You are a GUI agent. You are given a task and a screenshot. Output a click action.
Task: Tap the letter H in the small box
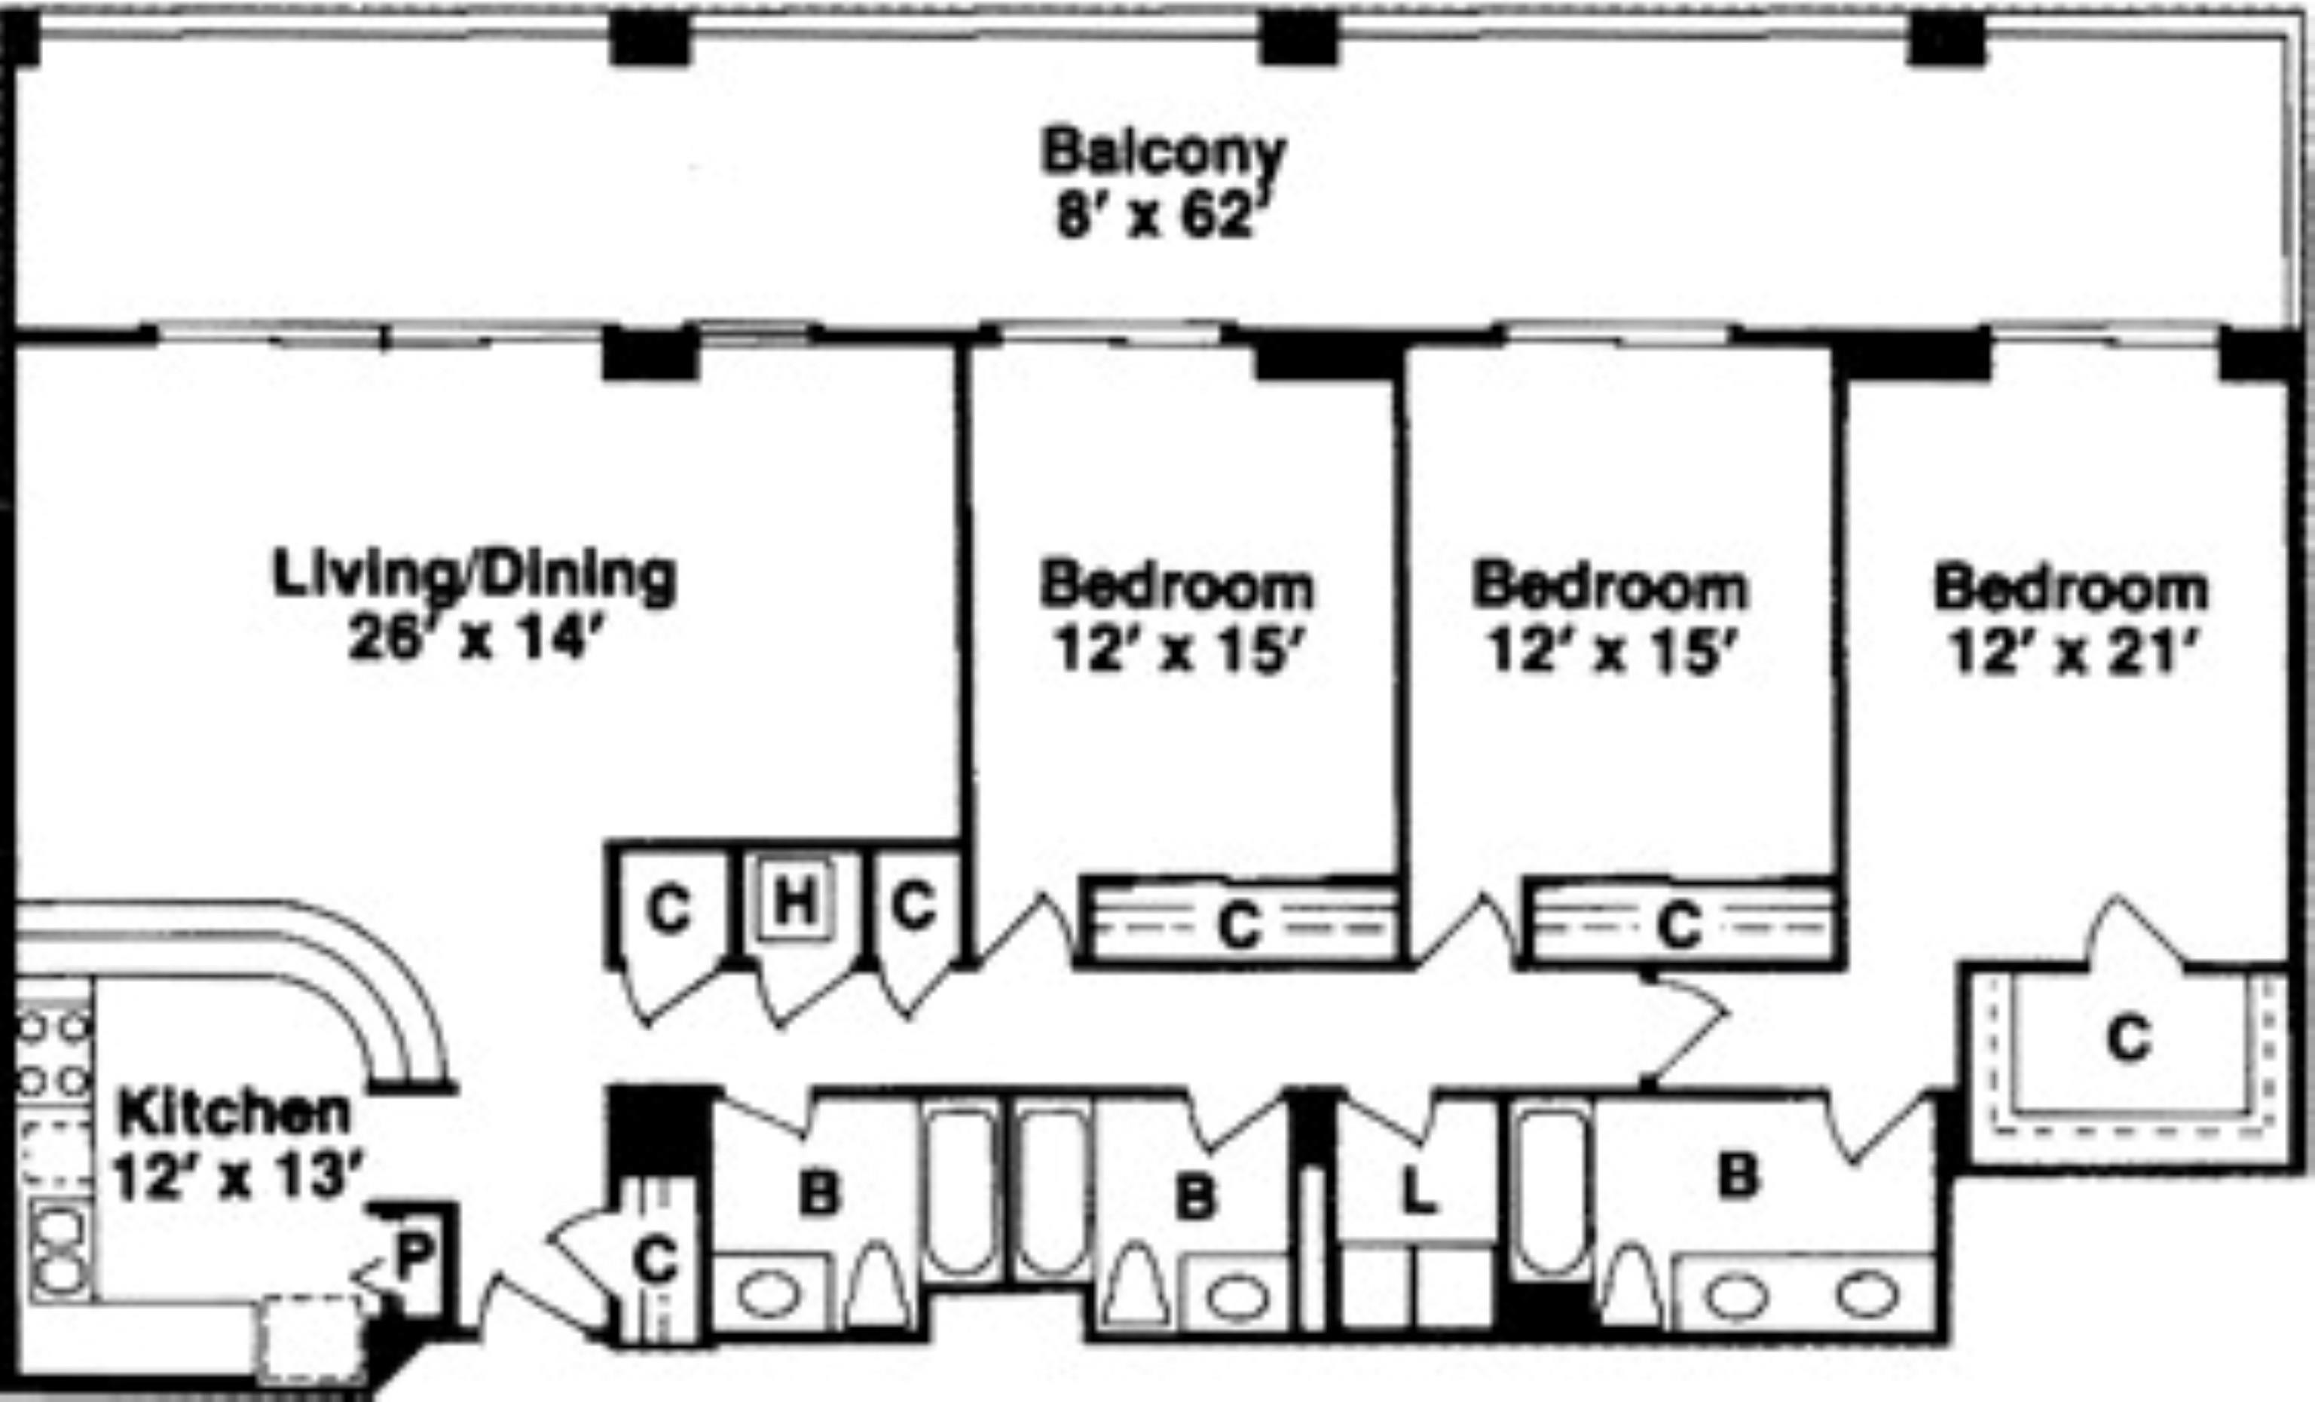click(795, 902)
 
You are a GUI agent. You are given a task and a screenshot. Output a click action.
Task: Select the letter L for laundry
click(1419, 1193)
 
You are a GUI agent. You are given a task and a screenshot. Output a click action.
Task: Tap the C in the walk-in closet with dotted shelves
click(2129, 1040)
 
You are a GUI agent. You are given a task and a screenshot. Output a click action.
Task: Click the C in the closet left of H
click(669, 909)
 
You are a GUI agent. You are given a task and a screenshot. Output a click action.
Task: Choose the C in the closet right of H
click(914, 905)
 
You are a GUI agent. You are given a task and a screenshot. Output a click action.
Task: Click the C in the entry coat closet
click(656, 1260)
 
